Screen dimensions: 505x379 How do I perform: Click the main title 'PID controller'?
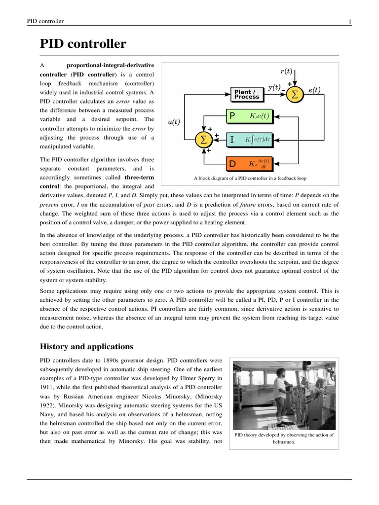[x=83, y=45]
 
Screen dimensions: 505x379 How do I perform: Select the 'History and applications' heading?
[x=86, y=346]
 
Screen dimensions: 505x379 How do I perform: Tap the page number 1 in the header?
[x=349, y=21]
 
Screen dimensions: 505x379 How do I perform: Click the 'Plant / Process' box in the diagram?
[x=247, y=94]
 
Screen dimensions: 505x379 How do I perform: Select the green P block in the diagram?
[x=249, y=116]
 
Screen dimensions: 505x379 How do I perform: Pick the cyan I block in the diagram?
[x=249, y=140]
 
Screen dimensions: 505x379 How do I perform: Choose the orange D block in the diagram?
[x=249, y=163]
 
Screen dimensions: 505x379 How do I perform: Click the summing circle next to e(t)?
[x=295, y=94]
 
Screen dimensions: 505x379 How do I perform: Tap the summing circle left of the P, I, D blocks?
[x=202, y=140]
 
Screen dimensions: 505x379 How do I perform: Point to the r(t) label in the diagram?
[x=286, y=71]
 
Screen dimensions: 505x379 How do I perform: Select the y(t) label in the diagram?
[x=274, y=88]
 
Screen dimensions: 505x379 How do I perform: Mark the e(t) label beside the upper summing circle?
[x=314, y=90]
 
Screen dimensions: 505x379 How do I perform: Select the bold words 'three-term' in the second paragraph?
[x=135, y=178]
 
